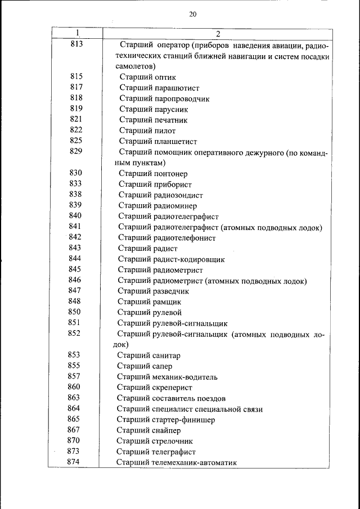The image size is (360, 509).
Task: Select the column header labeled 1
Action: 78,33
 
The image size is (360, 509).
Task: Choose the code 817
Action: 76,87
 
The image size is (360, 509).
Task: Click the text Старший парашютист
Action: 159,88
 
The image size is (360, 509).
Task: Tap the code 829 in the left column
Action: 76,151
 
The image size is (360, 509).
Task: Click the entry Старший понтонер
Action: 153,174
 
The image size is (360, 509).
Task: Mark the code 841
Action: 75,226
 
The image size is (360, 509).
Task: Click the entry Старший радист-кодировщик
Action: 171,259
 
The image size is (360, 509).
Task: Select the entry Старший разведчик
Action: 153,291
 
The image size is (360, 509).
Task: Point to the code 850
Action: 74,312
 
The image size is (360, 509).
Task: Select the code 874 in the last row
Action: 73,462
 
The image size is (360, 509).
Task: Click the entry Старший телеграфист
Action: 156,452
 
